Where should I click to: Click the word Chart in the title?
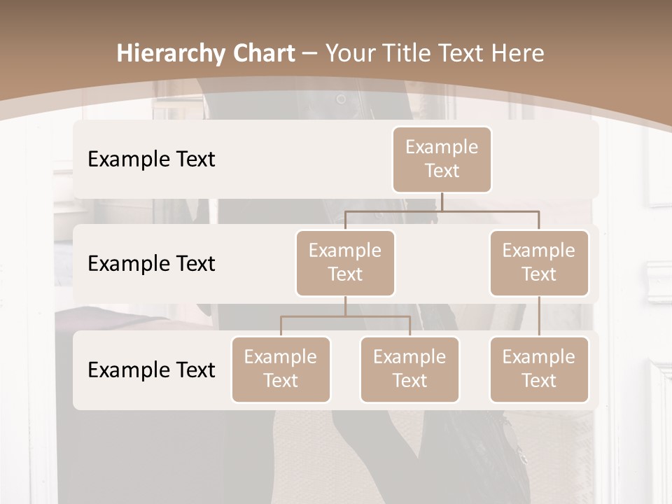[x=263, y=53]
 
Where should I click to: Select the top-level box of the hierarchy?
[x=442, y=160]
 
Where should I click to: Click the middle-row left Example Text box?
[x=345, y=263]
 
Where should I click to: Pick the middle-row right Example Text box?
[x=539, y=263]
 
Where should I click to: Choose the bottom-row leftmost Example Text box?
[x=281, y=370]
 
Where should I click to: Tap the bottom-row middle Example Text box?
[x=409, y=370]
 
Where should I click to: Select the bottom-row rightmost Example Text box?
[x=539, y=370]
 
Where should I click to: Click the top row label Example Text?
[x=151, y=160]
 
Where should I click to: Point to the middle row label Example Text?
[x=151, y=264]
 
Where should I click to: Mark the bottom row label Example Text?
[x=151, y=370]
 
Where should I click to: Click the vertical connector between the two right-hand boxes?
[x=539, y=316]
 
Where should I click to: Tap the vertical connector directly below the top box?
[x=442, y=202]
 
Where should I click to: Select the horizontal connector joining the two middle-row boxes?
[x=442, y=210]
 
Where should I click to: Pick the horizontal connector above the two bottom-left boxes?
[x=345, y=316]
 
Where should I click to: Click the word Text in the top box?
[x=442, y=171]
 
